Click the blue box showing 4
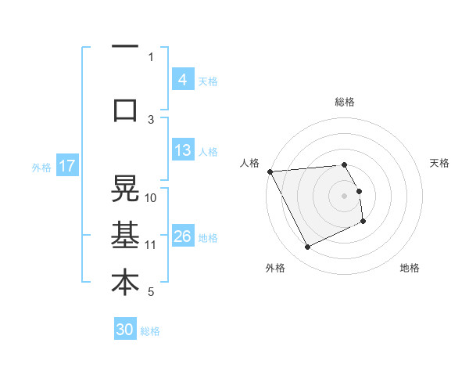click(182, 80)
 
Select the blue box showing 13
click(182, 150)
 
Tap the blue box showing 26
click(182, 236)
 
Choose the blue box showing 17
click(67, 166)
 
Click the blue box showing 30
click(125, 330)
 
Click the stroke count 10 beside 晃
click(151, 197)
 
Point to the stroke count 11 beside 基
click(151, 244)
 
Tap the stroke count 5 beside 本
click(151, 292)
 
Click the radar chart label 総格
click(345, 102)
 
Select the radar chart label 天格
click(440, 163)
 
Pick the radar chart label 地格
click(410, 268)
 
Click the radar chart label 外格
click(275, 268)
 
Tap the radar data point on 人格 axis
click(270, 171)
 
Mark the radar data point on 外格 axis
click(307, 247)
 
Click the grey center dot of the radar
click(345, 196)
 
